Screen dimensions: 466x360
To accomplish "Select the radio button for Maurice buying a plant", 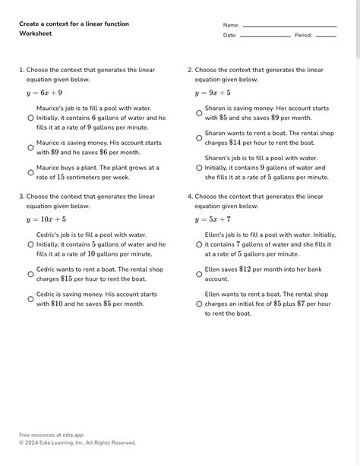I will (x=30, y=172).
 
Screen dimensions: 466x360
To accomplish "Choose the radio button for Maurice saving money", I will (x=30, y=147).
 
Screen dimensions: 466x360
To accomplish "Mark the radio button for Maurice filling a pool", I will (x=30, y=118).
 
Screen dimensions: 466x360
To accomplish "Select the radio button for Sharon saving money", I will (x=199, y=114).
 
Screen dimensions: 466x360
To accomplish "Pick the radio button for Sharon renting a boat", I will (x=199, y=138).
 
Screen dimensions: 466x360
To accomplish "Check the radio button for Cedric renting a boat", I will (x=30, y=274).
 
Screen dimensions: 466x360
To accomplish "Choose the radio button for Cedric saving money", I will (x=30, y=299).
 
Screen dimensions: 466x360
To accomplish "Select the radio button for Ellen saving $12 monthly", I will (x=199, y=274).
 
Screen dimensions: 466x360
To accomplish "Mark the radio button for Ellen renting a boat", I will (x=199, y=304).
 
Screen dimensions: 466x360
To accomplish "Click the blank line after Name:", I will (x=289, y=26).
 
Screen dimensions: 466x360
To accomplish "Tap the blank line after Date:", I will (x=265, y=36).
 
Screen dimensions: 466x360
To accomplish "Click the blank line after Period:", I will (x=325, y=36).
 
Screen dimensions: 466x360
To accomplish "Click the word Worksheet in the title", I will (x=35, y=34).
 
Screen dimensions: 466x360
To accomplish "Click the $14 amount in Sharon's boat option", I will (x=235, y=143).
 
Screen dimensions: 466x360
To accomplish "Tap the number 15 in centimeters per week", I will (x=61, y=178).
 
